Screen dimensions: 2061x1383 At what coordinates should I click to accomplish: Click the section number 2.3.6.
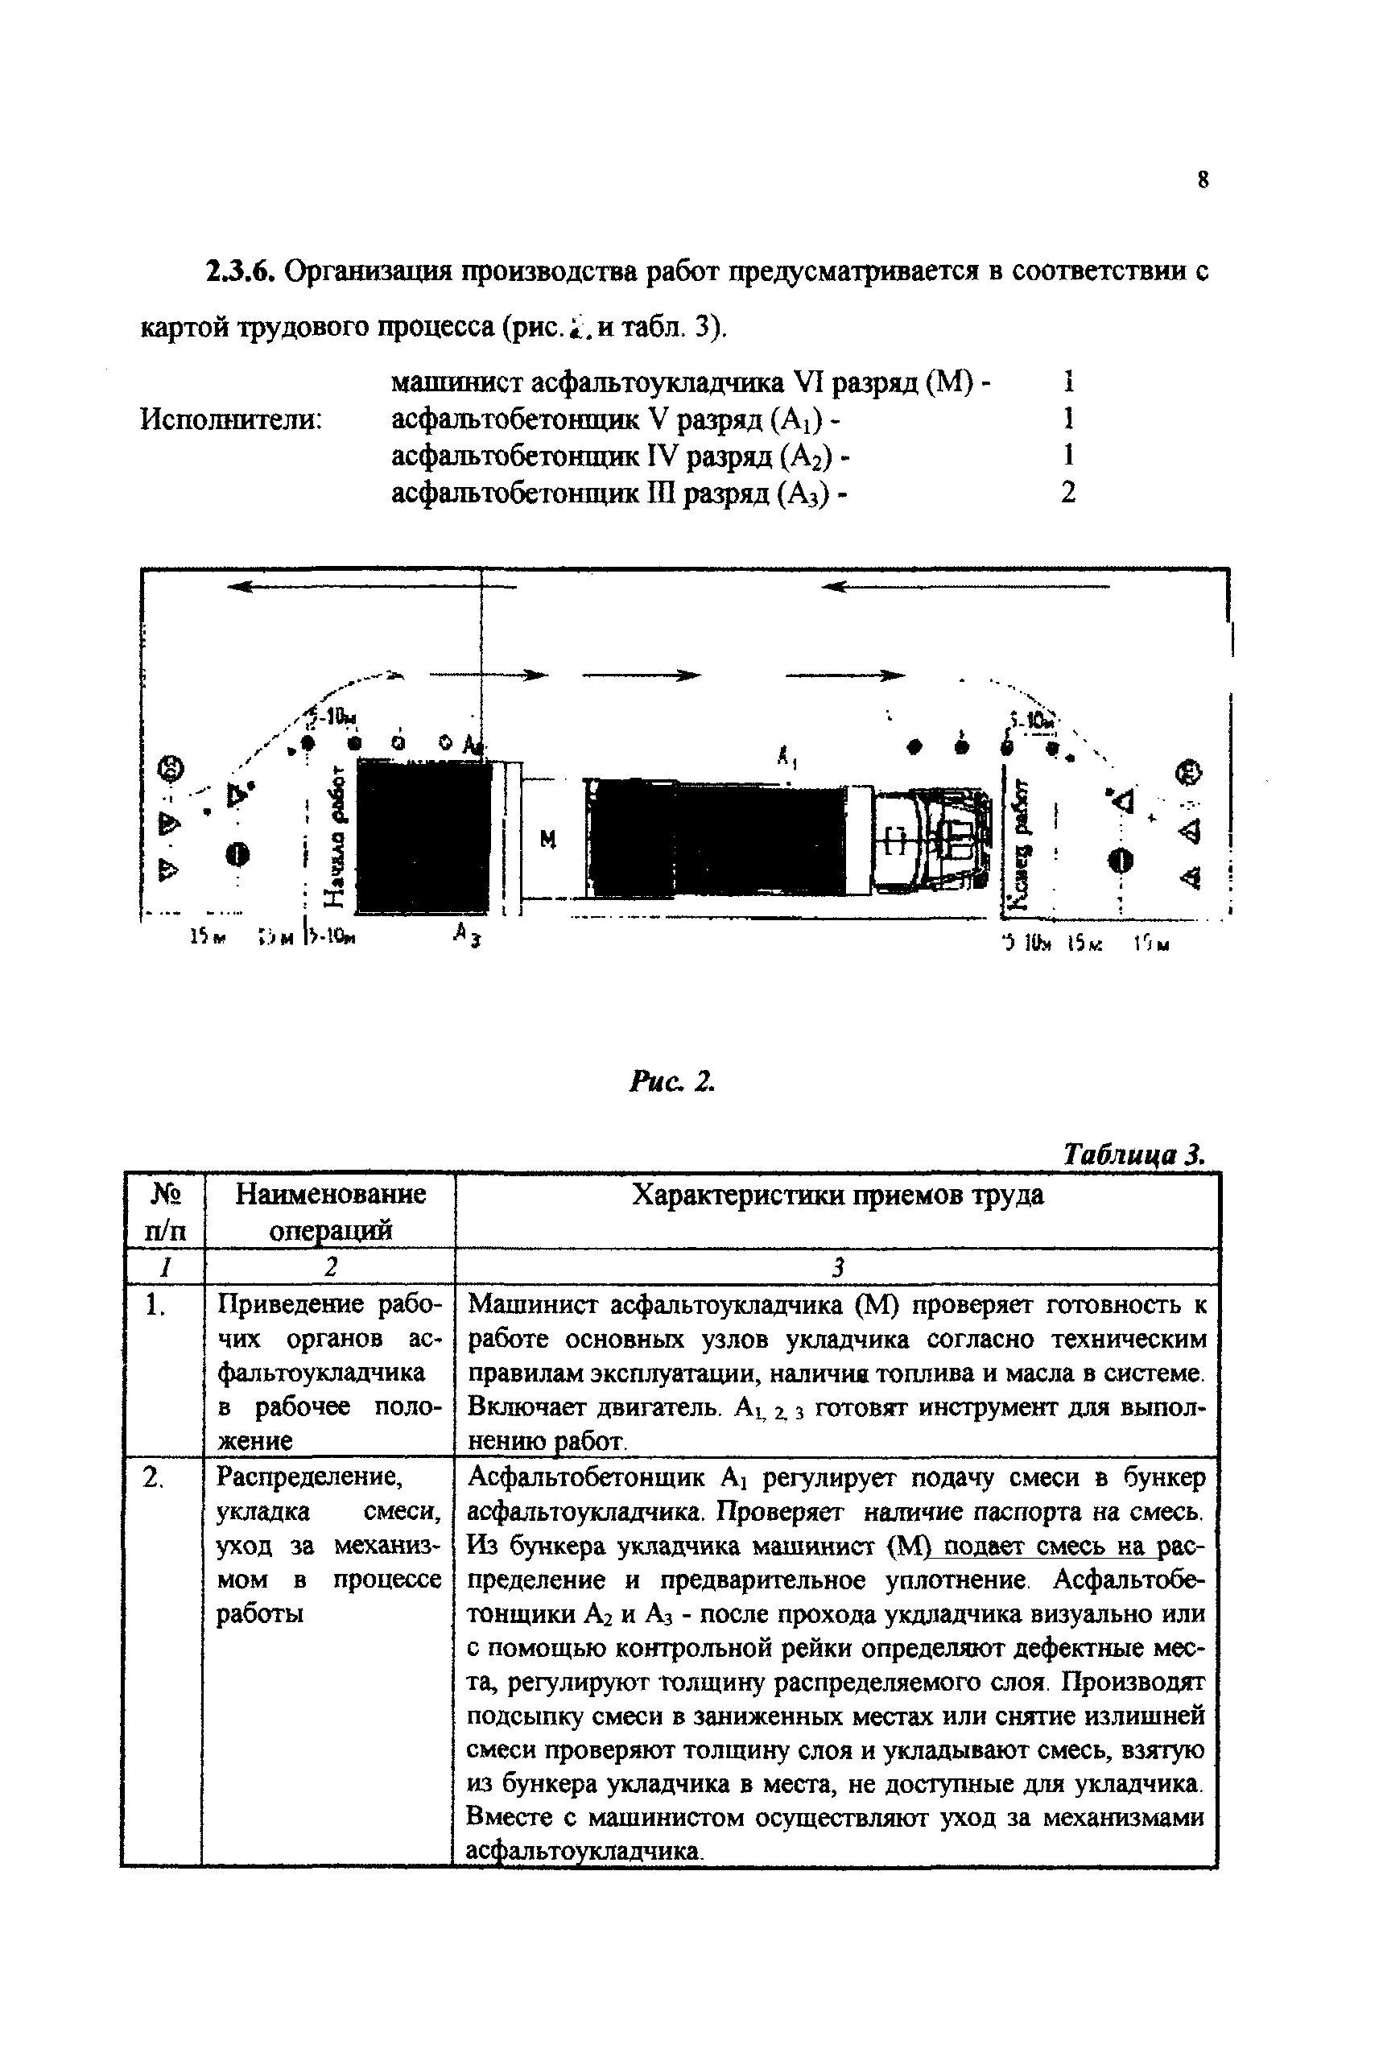click(242, 270)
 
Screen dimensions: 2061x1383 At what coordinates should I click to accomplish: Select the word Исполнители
click(230, 419)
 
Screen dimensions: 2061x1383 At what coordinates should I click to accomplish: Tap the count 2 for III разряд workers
click(1068, 492)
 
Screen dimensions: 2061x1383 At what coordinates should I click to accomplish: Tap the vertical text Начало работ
click(334, 835)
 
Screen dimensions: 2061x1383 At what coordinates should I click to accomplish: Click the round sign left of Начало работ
click(237, 853)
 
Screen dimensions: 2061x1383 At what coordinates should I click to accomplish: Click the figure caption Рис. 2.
click(671, 1081)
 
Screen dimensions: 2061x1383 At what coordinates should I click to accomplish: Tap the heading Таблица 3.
click(1133, 1154)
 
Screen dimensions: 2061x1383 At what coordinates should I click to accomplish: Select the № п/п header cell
click(165, 1211)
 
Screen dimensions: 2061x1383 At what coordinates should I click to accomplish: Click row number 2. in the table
click(155, 1477)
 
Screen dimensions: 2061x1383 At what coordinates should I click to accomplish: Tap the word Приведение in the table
click(290, 1303)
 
